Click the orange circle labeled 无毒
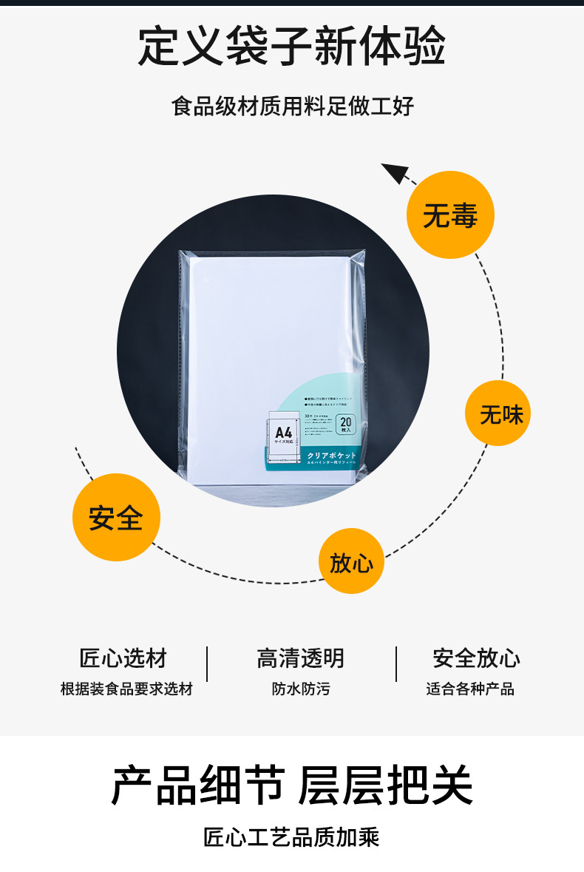pyautogui.click(x=450, y=214)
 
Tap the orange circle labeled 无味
pyautogui.click(x=498, y=413)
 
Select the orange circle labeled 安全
pyautogui.click(x=116, y=517)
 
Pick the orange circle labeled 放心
pyautogui.click(x=351, y=561)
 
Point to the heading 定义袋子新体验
pyautogui.click(x=292, y=46)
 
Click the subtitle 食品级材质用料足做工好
pyautogui.click(x=292, y=106)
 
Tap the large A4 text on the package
pyautogui.click(x=284, y=431)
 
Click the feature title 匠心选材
pyautogui.click(x=123, y=658)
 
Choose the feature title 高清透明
pyautogui.click(x=301, y=658)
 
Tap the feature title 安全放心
pyautogui.click(x=476, y=658)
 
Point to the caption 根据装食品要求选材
pyautogui.click(x=126, y=689)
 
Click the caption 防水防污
pyautogui.click(x=301, y=689)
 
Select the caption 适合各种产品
pyautogui.click(x=470, y=689)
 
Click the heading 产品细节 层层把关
pyautogui.click(x=292, y=785)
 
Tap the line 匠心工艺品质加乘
pyautogui.click(x=292, y=837)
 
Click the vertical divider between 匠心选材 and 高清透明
pyautogui.click(x=207, y=663)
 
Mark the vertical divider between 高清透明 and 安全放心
pyautogui.click(x=396, y=663)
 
